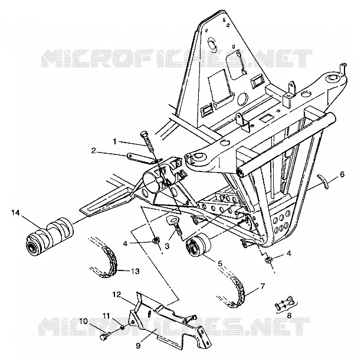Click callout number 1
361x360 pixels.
click(115, 141)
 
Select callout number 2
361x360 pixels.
click(93, 151)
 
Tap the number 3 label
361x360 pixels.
click(167, 246)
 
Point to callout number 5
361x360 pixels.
click(220, 263)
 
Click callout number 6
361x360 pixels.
click(342, 175)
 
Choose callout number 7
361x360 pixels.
click(262, 286)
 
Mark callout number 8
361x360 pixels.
click(289, 316)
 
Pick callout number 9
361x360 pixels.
click(138, 346)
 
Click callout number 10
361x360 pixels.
click(84, 321)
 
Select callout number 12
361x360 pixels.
click(117, 295)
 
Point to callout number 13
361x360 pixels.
click(136, 271)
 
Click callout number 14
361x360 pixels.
click(15, 213)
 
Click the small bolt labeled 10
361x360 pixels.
click(104, 337)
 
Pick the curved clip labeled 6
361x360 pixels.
click(323, 181)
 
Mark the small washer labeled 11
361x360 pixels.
click(123, 328)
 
